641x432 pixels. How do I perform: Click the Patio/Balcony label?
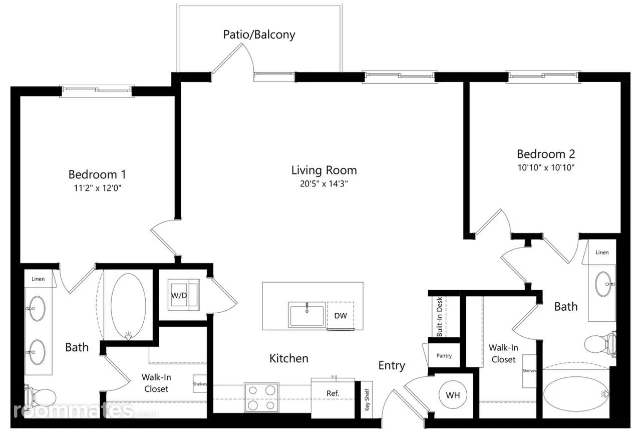pyautogui.click(x=259, y=35)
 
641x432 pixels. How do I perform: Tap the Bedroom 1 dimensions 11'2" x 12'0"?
pyautogui.click(x=98, y=188)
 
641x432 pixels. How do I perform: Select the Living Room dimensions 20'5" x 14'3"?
pyautogui.click(x=324, y=183)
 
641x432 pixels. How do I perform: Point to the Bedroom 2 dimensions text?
pyautogui.click(x=546, y=167)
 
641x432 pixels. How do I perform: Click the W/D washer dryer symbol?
pyautogui.click(x=183, y=295)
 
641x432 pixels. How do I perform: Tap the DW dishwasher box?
pyautogui.click(x=341, y=316)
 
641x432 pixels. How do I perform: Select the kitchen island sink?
pyautogui.click(x=307, y=315)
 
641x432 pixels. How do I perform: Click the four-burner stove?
pyautogui.click(x=261, y=397)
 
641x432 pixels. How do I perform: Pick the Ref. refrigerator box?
pyautogui.click(x=333, y=397)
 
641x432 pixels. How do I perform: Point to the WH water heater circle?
pyautogui.click(x=453, y=395)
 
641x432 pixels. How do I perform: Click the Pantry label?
pyautogui.click(x=444, y=355)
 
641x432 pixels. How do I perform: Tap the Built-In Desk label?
pyautogui.click(x=439, y=317)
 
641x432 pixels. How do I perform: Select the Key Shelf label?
pyautogui.click(x=367, y=399)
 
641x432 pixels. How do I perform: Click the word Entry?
pyautogui.click(x=392, y=366)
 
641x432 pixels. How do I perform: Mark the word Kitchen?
pyautogui.click(x=289, y=358)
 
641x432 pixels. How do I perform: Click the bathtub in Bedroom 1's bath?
pyautogui.click(x=128, y=307)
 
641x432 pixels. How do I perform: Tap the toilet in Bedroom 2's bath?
pyautogui.click(x=600, y=344)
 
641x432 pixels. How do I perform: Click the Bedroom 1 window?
pyautogui.click(x=97, y=91)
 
